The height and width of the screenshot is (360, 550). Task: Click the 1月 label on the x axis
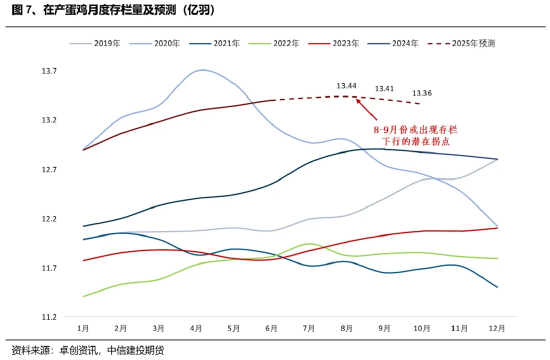[83, 328]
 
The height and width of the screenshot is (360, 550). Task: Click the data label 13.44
[347, 86]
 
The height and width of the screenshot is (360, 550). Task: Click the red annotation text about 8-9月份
[409, 136]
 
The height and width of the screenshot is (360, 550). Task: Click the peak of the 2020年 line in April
[203, 70]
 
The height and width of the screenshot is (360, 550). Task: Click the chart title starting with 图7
[111, 11]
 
